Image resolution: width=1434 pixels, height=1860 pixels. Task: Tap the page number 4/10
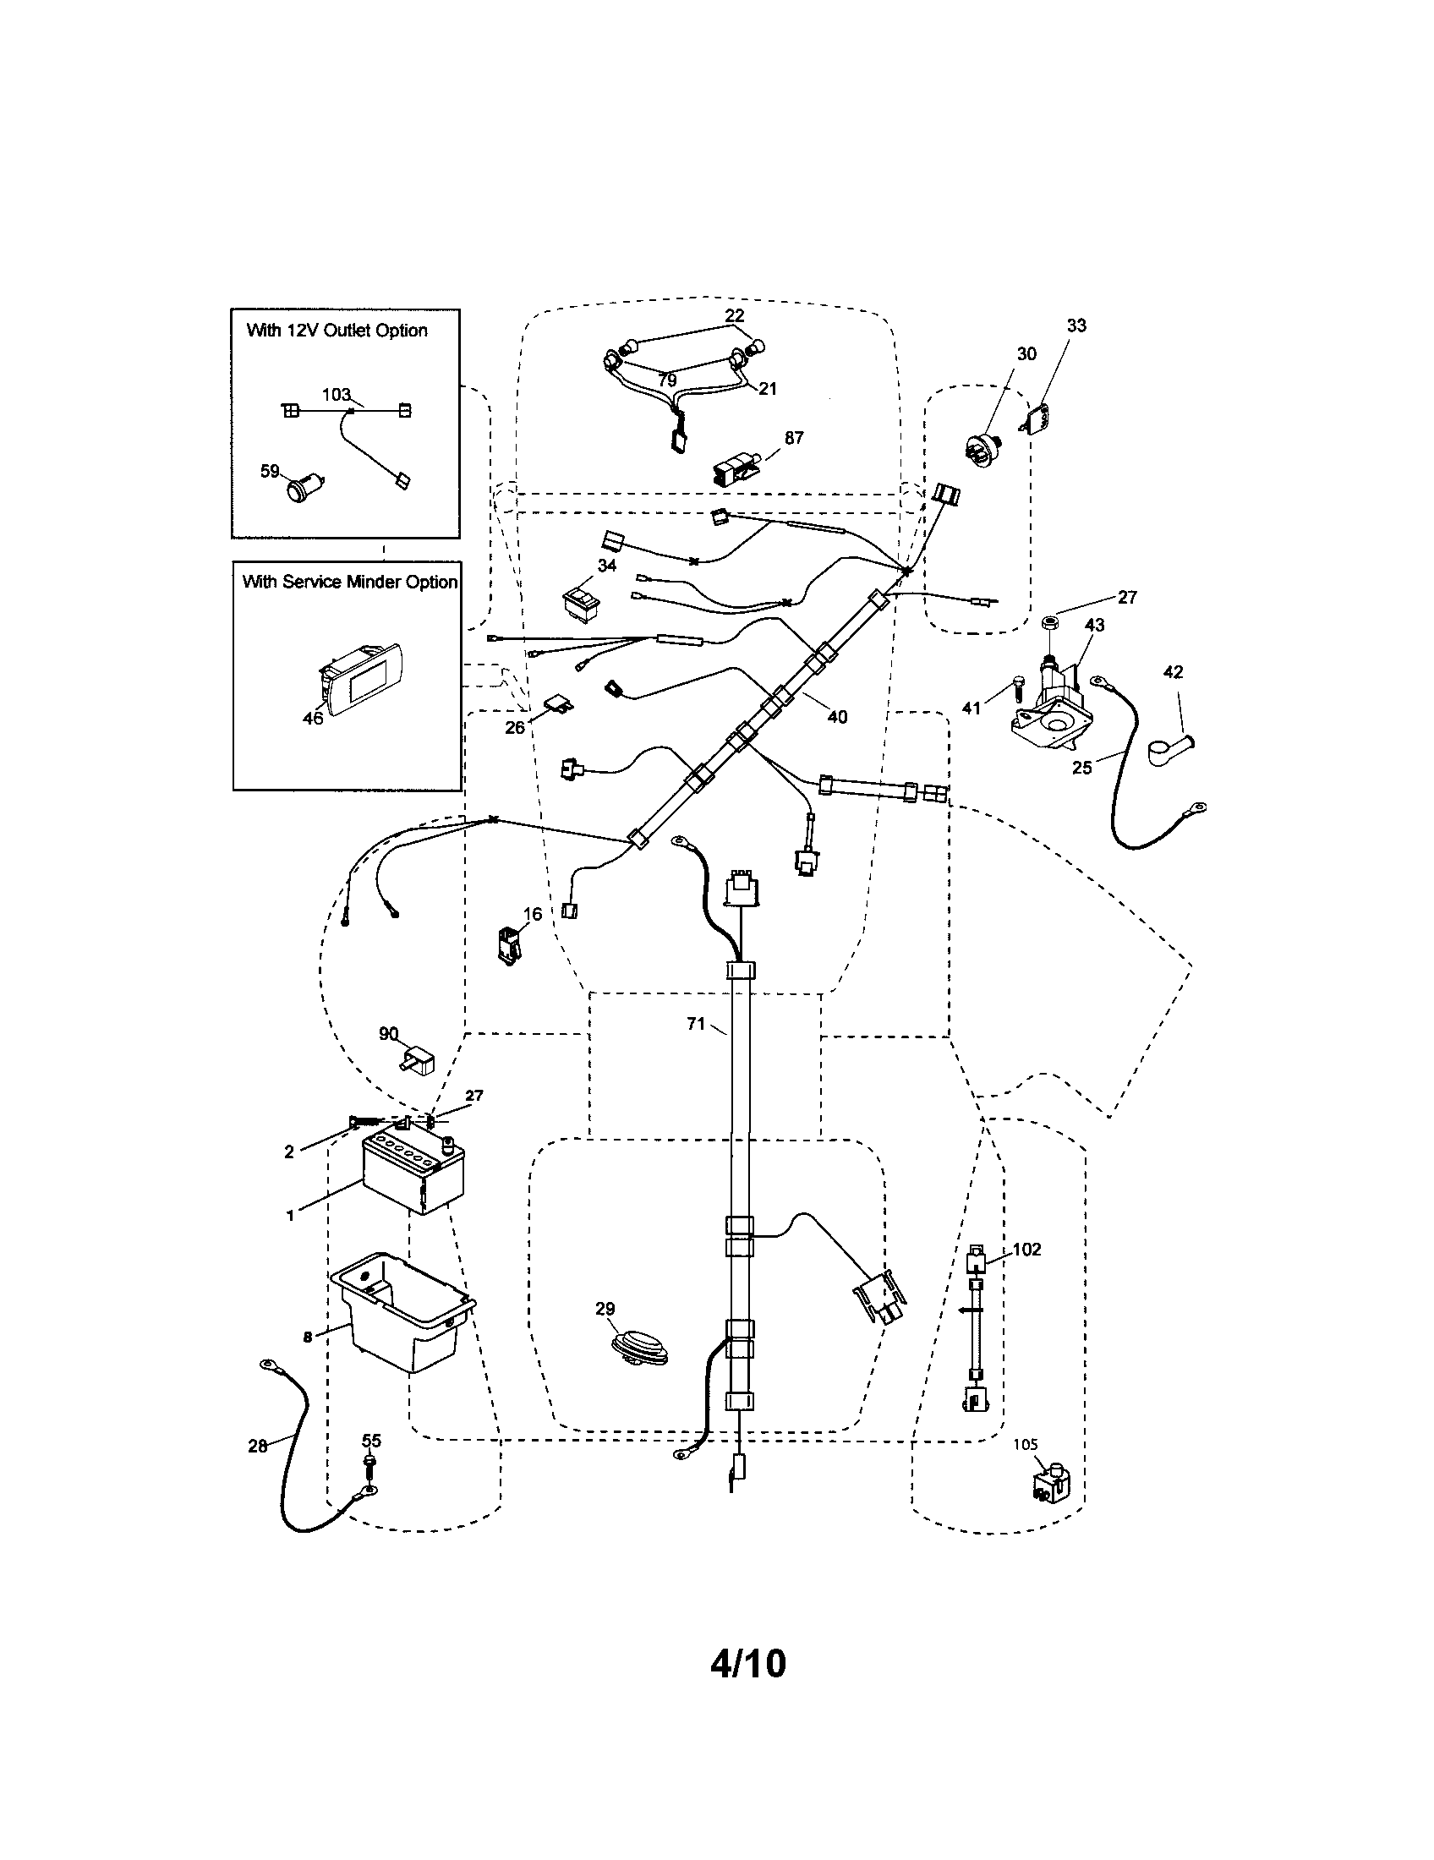pos(747,1662)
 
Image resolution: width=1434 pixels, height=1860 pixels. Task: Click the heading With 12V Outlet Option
pos(337,331)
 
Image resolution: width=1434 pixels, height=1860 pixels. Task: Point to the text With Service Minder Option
pos(350,582)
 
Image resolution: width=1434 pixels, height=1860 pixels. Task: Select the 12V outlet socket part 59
pos(299,489)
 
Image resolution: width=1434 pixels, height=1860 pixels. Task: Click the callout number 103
pos(337,394)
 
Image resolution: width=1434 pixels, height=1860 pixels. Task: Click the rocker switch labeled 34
pos(581,601)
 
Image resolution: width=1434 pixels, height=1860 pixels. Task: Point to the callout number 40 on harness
pos(837,717)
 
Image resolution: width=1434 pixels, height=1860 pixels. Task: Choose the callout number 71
pos(696,1024)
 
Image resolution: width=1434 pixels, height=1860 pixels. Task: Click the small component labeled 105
pos(1052,1486)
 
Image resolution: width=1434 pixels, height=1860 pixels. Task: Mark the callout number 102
pos(1026,1250)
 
